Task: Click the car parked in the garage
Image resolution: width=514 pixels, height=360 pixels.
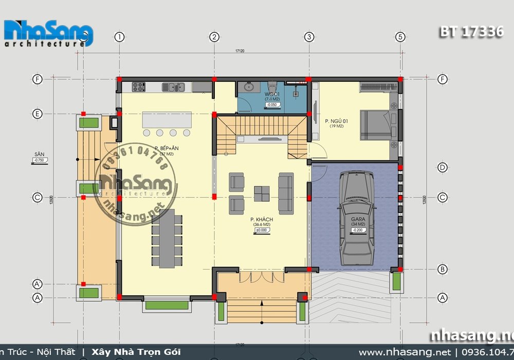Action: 355,215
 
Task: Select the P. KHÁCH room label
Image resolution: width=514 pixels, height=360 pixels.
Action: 263,220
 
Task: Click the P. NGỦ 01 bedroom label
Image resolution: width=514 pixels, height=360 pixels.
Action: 336,121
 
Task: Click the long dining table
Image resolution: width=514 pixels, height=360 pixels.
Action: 167,238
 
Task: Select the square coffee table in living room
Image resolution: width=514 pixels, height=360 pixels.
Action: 262,193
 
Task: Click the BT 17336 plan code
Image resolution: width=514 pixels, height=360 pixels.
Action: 471,32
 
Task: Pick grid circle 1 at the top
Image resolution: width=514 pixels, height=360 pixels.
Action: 120,37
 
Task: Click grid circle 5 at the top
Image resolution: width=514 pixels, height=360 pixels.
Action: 400,37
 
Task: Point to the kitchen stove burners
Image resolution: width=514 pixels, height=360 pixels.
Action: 139,87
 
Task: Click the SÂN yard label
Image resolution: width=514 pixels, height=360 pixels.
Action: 37,154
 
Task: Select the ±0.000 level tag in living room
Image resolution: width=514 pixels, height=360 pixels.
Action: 263,230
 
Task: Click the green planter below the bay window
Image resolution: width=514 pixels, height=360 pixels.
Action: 166,305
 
